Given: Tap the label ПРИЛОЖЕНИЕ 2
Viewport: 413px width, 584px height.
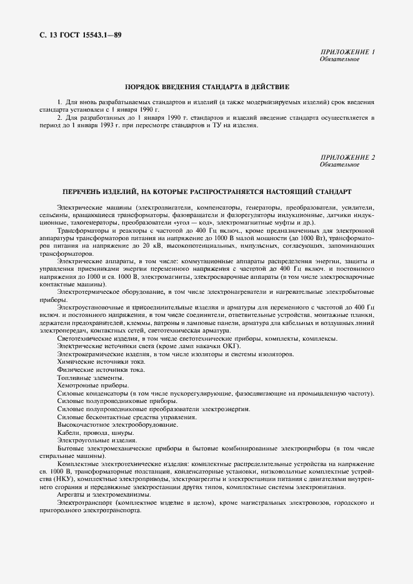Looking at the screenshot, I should point(347,157).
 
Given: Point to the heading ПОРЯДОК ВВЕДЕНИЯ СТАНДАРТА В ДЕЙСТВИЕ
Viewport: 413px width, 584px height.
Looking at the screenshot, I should point(206,87).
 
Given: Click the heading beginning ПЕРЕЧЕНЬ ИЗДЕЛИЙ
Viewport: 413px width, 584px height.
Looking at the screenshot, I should point(206,191).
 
